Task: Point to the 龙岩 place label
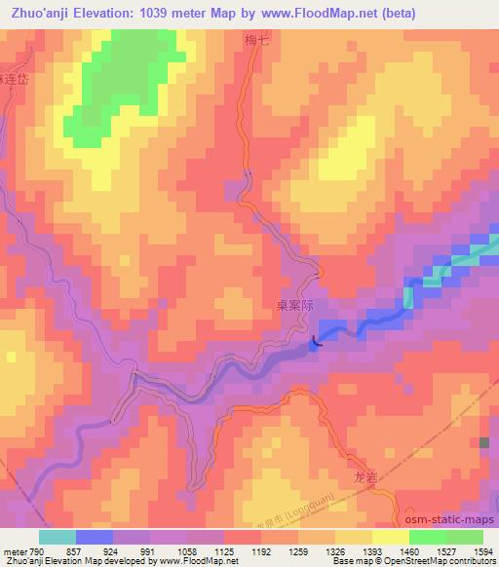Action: tap(364, 479)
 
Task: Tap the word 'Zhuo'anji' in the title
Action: tap(43, 14)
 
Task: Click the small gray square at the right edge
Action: tap(484, 442)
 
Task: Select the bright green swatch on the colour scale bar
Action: tap(427, 538)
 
